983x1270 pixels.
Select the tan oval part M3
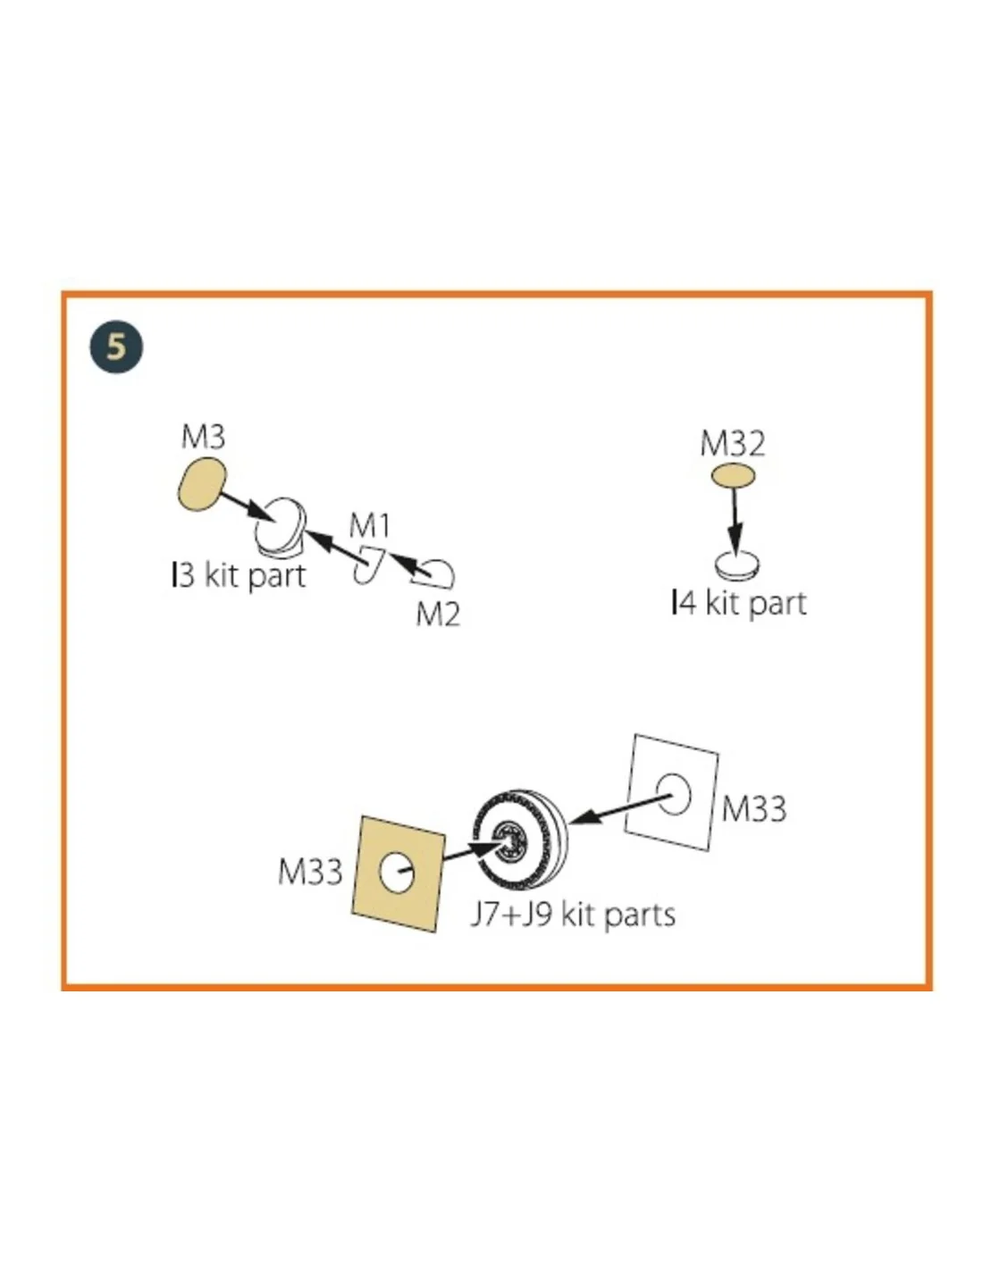[201, 484]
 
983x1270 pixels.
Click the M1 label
[369, 526]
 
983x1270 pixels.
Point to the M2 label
[437, 614]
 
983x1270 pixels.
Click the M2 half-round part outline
[433, 573]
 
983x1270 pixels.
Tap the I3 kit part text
[239, 576]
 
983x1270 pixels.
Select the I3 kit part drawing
[280, 527]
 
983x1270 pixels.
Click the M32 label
[732, 444]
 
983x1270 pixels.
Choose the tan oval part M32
[733, 476]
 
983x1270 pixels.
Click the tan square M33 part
[399, 873]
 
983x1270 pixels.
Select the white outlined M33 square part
[672, 792]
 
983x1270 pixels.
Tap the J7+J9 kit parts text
[573, 915]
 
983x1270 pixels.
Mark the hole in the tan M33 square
[397, 873]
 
